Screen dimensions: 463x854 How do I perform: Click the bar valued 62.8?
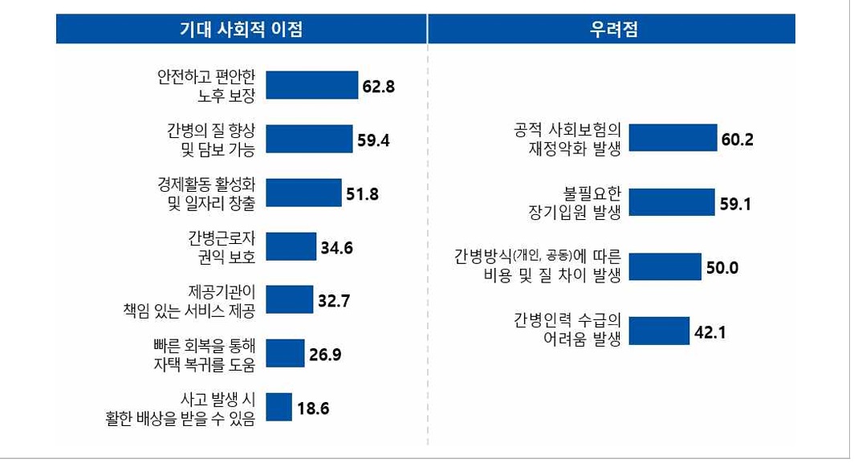click(x=311, y=85)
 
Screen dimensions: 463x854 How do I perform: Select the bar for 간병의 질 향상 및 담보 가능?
click(x=310, y=139)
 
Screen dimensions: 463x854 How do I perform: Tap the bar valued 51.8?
click(x=303, y=193)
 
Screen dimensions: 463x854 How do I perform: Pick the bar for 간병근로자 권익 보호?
click(x=291, y=246)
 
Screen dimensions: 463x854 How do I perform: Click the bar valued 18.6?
click(x=279, y=407)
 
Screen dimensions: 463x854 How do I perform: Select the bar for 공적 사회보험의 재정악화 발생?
click(x=673, y=138)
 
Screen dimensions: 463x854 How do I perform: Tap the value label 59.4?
click(x=373, y=140)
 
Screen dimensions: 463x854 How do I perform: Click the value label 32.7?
click(x=334, y=300)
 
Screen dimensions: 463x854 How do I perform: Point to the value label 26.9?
click(x=325, y=354)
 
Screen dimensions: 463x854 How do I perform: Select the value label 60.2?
click(x=737, y=139)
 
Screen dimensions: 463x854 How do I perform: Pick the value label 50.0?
click(x=722, y=267)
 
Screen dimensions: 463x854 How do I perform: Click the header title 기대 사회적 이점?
click(x=241, y=30)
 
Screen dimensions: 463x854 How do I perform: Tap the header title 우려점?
click(x=612, y=30)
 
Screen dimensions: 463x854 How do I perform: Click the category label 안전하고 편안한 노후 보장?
click(x=206, y=86)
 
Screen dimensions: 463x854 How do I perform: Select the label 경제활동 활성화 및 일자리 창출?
click(x=206, y=193)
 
